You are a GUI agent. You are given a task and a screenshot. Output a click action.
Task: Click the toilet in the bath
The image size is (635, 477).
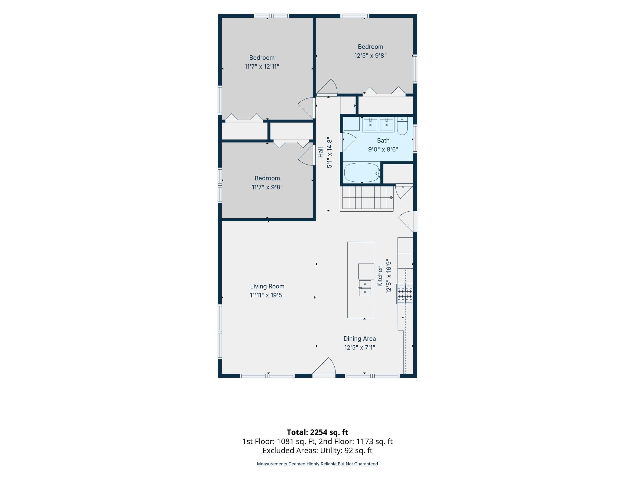tap(402, 126)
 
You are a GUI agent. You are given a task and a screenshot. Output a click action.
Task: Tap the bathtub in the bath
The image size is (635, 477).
tap(362, 172)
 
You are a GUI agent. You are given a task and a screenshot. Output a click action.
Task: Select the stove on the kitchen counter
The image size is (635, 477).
tap(405, 294)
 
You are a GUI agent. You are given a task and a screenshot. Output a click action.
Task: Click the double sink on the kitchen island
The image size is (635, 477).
tap(365, 288)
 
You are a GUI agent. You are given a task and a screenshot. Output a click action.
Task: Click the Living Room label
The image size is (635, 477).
tap(267, 286)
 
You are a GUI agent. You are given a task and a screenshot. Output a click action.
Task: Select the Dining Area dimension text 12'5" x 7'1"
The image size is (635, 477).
tap(360, 347)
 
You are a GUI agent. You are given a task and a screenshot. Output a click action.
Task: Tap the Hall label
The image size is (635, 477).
tap(320, 152)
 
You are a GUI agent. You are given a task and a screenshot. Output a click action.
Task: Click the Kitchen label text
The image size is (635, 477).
tap(380, 276)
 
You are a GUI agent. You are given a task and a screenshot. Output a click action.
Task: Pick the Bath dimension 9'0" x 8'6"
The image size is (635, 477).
tap(383, 150)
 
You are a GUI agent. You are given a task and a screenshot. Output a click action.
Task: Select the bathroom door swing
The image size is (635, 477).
tap(349, 142)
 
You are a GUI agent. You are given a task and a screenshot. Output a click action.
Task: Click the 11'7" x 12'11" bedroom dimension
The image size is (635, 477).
tap(262, 66)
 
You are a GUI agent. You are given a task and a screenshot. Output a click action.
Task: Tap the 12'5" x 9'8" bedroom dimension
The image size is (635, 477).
tap(370, 55)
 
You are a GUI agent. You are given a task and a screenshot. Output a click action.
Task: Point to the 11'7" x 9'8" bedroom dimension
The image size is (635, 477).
tap(267, 187)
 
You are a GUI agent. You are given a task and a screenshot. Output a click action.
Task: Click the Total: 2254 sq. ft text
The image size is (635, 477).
tap(317, 432)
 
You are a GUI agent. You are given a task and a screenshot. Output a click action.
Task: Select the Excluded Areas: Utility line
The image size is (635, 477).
tap(317, 450)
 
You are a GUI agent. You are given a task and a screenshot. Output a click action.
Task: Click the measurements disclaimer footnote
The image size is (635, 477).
tap(317, 464)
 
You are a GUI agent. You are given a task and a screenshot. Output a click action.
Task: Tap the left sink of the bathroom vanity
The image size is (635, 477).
tap(370, 125)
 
